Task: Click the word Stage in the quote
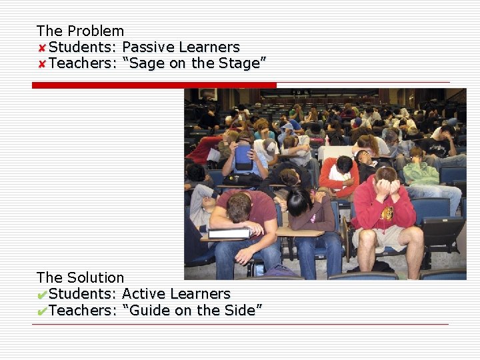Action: click(x=239, y=63)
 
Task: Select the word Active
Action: click(x=142, y=294)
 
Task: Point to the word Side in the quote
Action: click(x=239, y=310)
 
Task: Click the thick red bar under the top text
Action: click(x=154, y=85)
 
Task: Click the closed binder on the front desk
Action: click(x=229, y=233)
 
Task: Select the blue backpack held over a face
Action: click(x=243, y=157)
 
